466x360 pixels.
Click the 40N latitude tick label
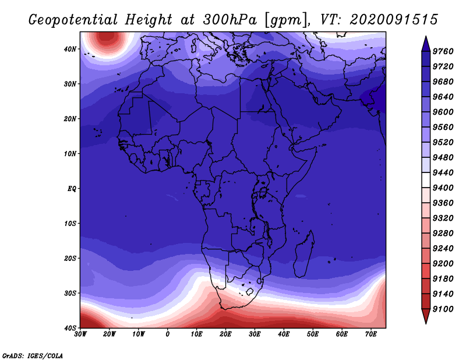pyautogui.click(x=70, y=49)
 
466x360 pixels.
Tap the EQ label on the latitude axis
pyautogui.click(x=72, y=189)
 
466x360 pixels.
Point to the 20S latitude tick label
pyautogui.click(x=70, y=258)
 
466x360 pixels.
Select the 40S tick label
pyautogui.click(x=70, y=328)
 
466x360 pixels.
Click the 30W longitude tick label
pyautogui.click(x=80, y=334)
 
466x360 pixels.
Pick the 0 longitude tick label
pyautogui.click(x=168, y=334)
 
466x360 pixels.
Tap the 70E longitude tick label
pyautogui.click(x=370, y=334)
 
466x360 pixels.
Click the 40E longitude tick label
pyautogui.click(x=284, y=334)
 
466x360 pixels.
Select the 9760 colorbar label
pyautogui.click(x=443, y=51)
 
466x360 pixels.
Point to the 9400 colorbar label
pyautogui.click(x=443, y=188)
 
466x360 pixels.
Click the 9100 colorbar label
pyautogui.click(x=443, y=309)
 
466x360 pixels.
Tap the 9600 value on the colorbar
pyautogui.click(x=443, y=112)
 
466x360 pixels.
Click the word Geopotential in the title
pyautogui.click(x=73, y=20)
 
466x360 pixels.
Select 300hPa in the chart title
pyautogui.click(x=230, y=20)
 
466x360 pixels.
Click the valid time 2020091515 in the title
pyautogui.click(x=394, y=20)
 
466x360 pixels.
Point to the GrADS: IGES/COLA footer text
pyautogui.click(x=33, y=355)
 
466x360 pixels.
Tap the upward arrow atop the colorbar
pyautogui.click(x=426, y=44)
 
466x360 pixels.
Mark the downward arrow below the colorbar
pyautogui.click(x=426, y=316)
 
